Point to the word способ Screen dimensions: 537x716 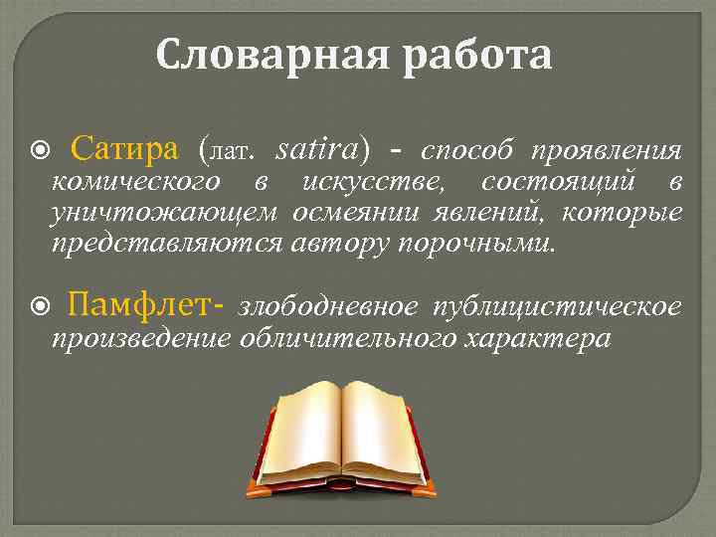tap(467, 151)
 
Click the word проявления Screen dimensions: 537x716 tap(607, 151)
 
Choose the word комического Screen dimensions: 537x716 tap(135, 182)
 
